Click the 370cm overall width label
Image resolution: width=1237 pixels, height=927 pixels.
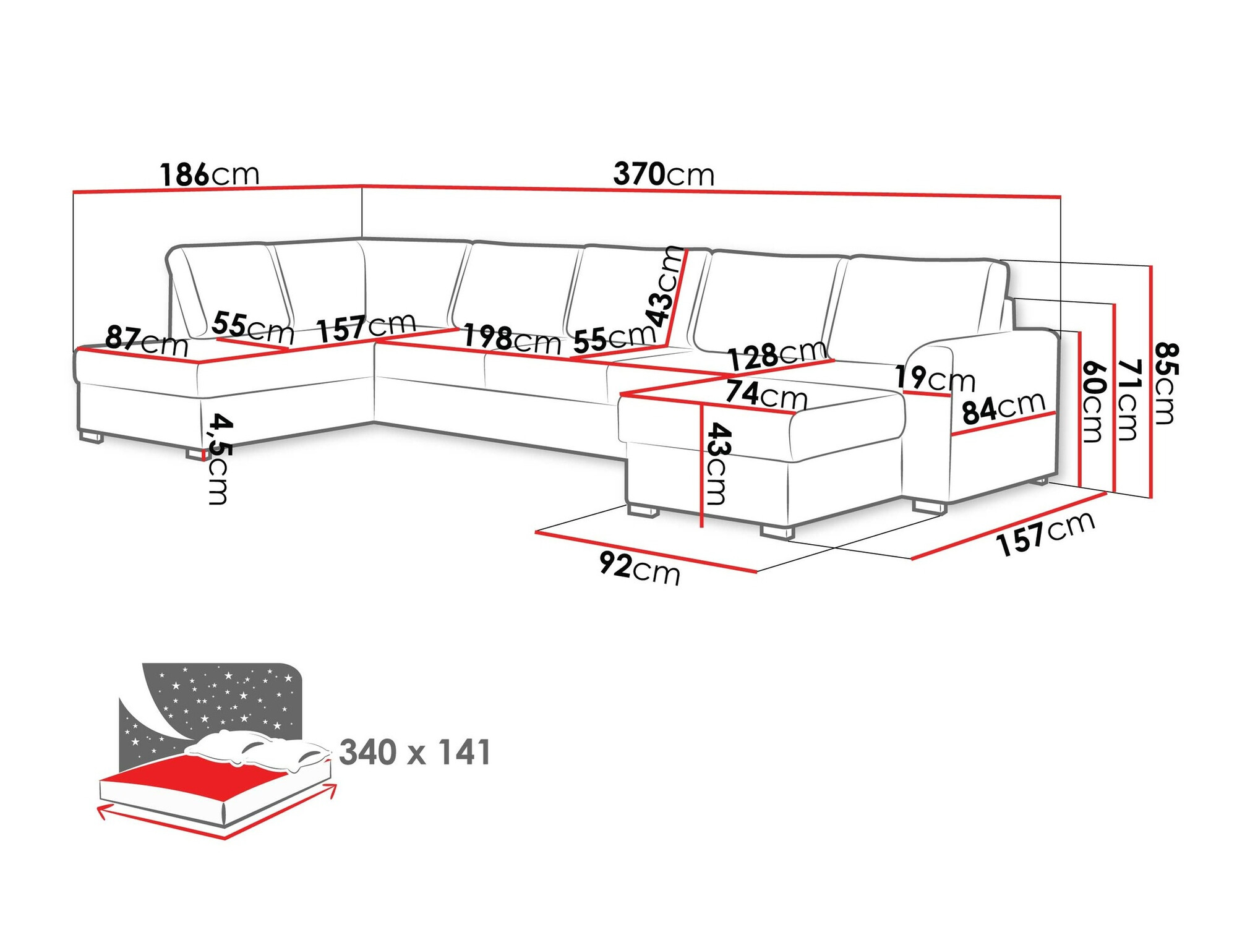(663, 174)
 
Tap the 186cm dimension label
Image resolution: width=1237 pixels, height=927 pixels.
(209, 175)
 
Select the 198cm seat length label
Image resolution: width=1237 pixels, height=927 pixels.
(511, 339)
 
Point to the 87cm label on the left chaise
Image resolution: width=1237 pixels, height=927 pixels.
(147, 341)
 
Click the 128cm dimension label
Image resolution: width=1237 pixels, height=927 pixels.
(777, 355)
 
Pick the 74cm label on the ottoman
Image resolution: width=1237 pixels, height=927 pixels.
(766, 394)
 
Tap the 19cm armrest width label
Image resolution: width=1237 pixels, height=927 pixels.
(935, 378)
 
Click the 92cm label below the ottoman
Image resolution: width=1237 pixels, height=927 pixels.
(640, 568)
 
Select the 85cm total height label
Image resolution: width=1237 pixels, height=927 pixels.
(1165, 383)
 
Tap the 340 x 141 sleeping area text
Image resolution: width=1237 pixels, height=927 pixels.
(415, 753)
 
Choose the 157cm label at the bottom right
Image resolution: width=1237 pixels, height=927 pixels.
(1045, 533)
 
